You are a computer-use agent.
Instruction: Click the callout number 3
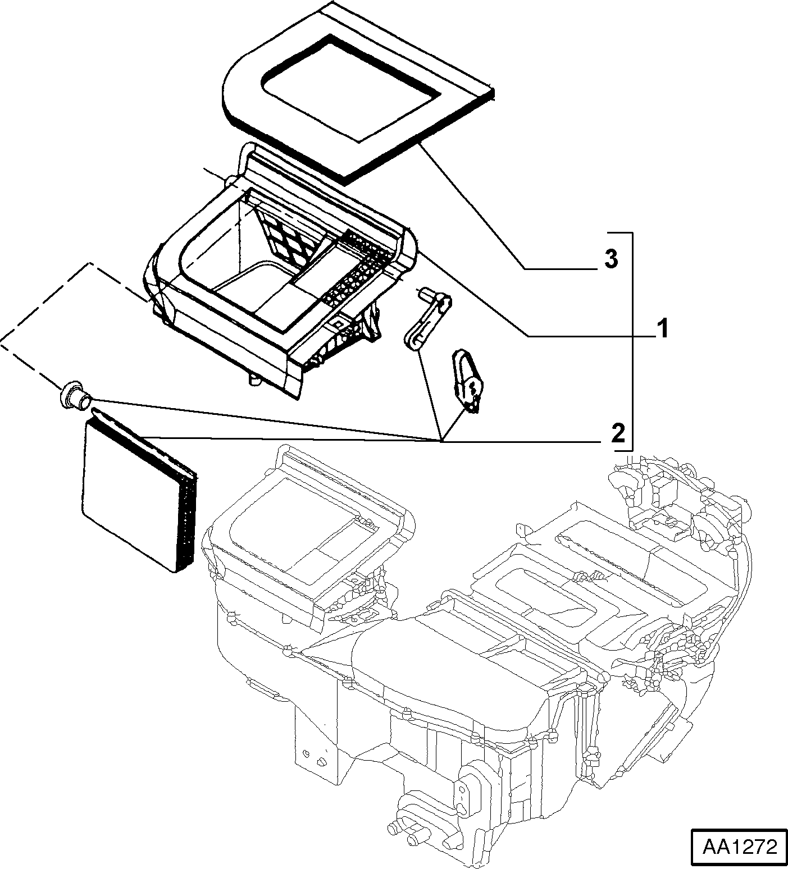[611, 259]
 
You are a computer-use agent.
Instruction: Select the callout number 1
[663, 328]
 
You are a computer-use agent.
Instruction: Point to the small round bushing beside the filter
[74, 394]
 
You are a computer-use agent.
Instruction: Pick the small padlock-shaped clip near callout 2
[467, 381]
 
